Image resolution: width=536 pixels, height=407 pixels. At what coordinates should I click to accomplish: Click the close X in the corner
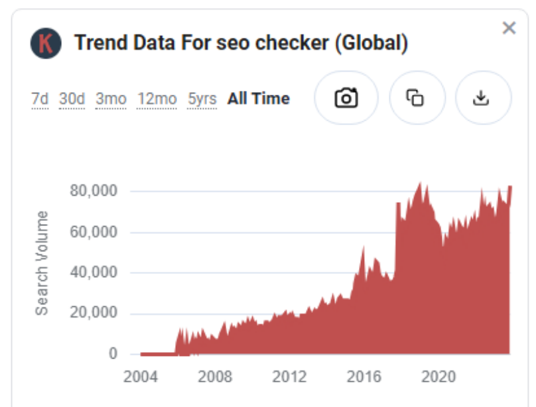pos(509,28)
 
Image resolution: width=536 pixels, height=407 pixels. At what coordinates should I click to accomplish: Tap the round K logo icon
pos(46,44)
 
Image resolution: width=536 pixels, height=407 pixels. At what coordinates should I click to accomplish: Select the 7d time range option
pos(40,99)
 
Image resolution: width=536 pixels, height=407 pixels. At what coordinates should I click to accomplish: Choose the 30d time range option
pos(72,99)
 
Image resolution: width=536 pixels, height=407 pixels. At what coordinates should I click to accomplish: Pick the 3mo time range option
pos(111,99)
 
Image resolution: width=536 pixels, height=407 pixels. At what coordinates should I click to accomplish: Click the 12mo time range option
pos(157,99)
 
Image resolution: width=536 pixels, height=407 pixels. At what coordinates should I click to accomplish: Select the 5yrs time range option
pos(202,99)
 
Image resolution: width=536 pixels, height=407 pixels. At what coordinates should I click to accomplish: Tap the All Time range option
pos(259,99)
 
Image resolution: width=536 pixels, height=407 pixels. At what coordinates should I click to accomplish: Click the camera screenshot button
pos(346,98)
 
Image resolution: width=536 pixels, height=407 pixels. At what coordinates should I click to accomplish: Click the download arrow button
pos(481,98)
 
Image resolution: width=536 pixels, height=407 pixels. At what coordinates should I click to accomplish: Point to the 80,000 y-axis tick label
pos(94,191)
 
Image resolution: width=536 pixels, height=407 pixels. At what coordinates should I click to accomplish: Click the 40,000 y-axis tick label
pos(94,272)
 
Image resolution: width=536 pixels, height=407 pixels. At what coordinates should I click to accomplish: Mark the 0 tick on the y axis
pos(113,354)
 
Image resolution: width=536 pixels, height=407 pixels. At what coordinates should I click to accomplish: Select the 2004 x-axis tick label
pos(141,377)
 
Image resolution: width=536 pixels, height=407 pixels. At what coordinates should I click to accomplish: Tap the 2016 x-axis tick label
pos(364,377)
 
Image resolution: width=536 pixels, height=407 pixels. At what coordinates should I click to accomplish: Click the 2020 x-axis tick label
pos(438,377)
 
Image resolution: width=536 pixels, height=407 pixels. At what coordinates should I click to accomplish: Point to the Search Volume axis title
pos(42,262)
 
